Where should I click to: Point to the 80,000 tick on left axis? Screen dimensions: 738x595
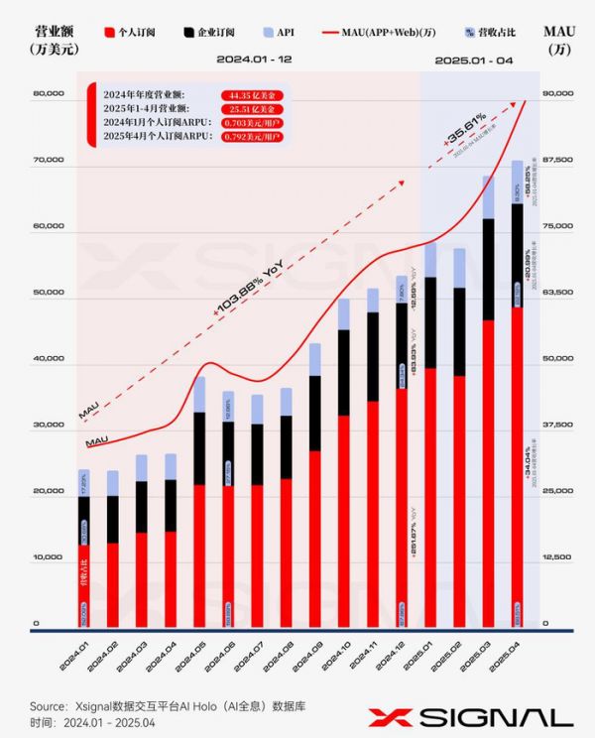coord(49,95)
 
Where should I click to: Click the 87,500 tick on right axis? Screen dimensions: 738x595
coord(557,160)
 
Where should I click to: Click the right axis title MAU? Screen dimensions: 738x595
coord(559,33)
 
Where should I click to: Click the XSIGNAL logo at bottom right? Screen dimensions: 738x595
coord(470,717)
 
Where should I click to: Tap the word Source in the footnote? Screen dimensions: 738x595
coord(50,705)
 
